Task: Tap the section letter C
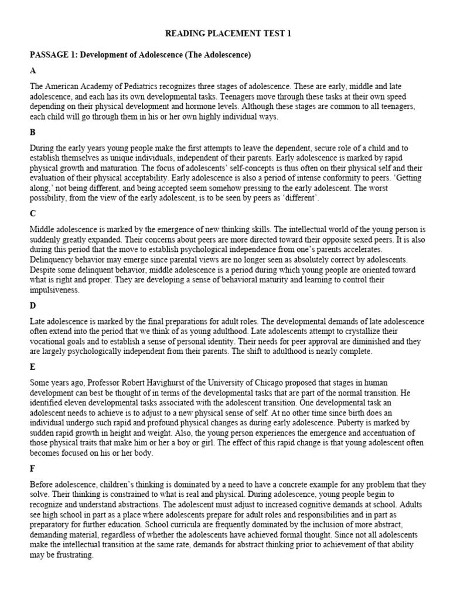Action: click(x=33, y=214)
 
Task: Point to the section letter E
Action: click(x=33, y=367)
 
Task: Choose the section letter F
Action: click(x=33, y=468)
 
